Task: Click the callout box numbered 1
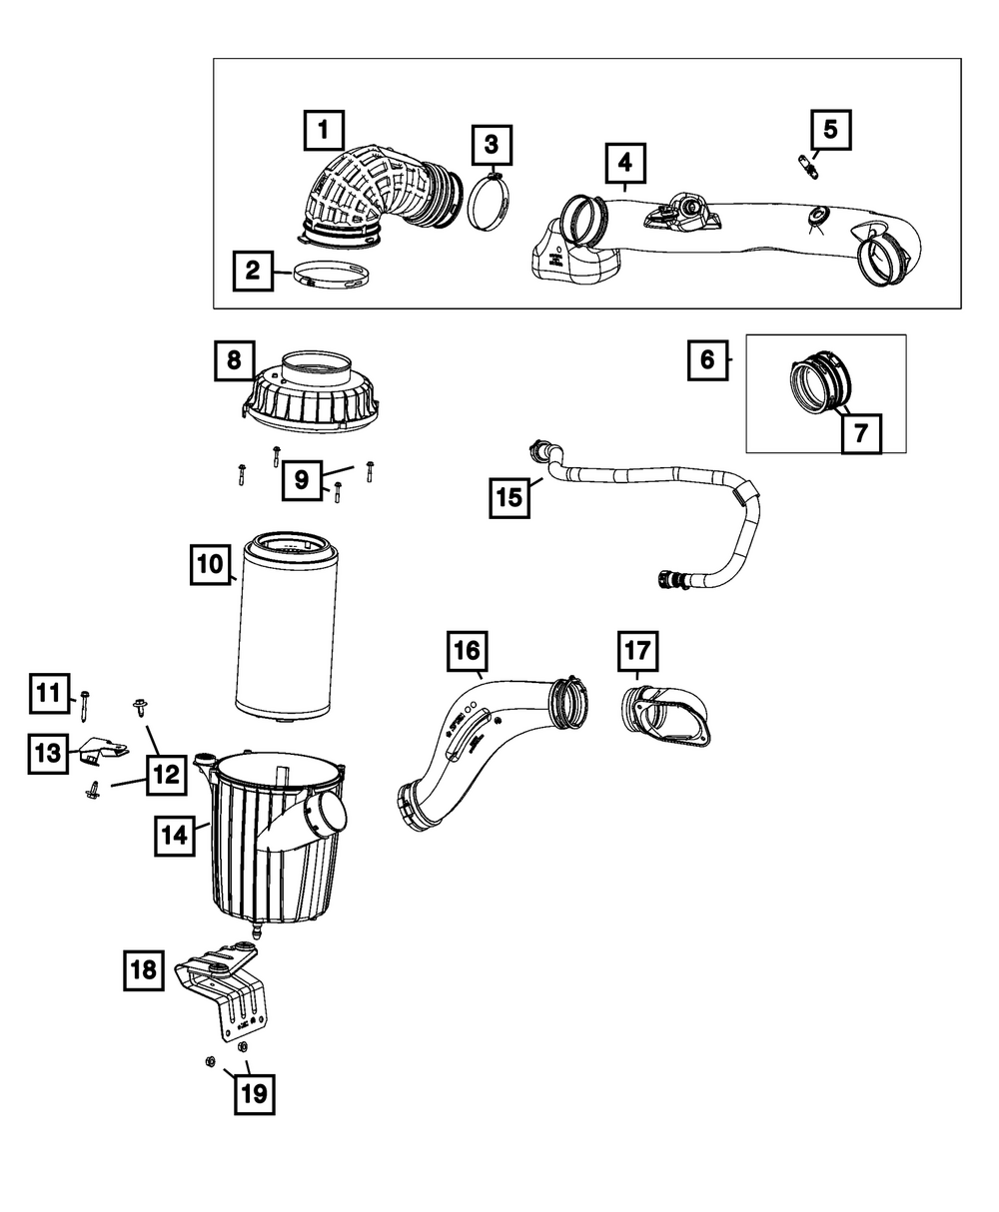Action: click(x=323, y=131)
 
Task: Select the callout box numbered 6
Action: click(x=707, y=359)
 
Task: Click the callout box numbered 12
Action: click(x=167, y=774)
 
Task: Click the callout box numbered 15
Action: click(x=509, y=496)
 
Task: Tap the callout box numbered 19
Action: click(x=254, y=1094)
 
